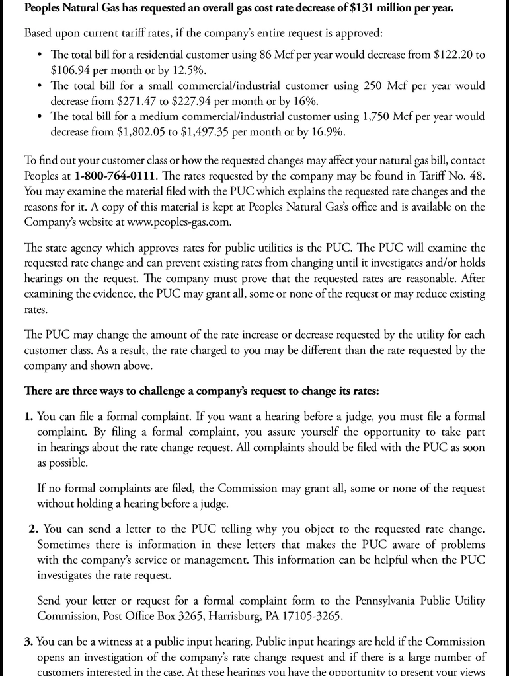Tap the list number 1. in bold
point(28,417)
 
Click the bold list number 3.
point(28,642)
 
